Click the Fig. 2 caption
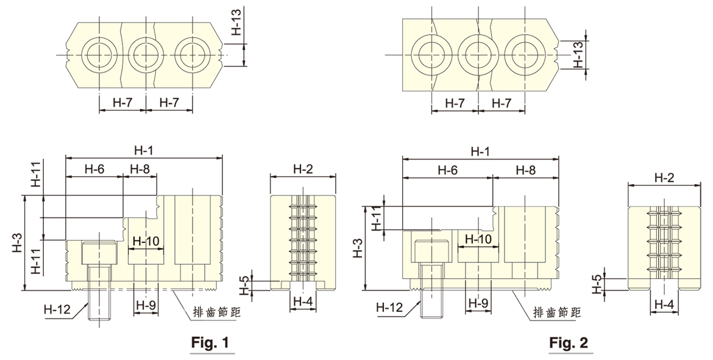(569, 344)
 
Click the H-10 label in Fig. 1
(145, 241)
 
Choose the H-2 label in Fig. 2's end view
(664, 178)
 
